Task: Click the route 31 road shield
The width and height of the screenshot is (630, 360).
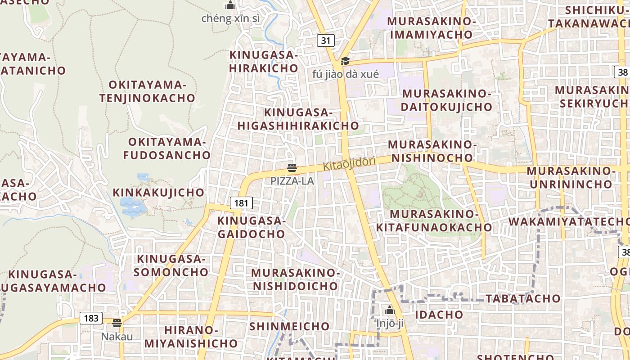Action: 326,40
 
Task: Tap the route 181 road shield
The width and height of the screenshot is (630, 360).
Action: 241,203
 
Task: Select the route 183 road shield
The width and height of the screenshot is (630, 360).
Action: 91,319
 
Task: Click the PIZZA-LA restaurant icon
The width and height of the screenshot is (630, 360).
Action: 292,168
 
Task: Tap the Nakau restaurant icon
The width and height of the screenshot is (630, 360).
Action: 117,323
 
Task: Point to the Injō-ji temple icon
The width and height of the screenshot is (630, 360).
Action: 390,310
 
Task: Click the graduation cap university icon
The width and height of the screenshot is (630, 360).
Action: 345,61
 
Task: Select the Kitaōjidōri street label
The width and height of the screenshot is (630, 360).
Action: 349,164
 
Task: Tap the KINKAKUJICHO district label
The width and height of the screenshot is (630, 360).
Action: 158,193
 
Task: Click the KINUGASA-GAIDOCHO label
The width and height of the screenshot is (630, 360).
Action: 252,227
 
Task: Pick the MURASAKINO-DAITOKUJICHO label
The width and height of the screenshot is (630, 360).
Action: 447,100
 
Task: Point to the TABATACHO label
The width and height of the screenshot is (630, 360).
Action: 523,298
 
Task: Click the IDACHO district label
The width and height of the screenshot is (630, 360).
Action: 439,315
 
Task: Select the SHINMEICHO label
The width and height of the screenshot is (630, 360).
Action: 289,326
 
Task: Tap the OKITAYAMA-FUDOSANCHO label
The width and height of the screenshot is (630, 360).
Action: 167,149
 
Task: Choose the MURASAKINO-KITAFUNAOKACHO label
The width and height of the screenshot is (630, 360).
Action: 434,221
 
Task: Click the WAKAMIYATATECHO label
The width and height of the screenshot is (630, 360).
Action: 569,221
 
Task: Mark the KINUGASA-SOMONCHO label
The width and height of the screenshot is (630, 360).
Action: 171,265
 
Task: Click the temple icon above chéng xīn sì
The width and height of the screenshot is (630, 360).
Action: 230,5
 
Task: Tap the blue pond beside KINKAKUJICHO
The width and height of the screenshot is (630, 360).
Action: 132,207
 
